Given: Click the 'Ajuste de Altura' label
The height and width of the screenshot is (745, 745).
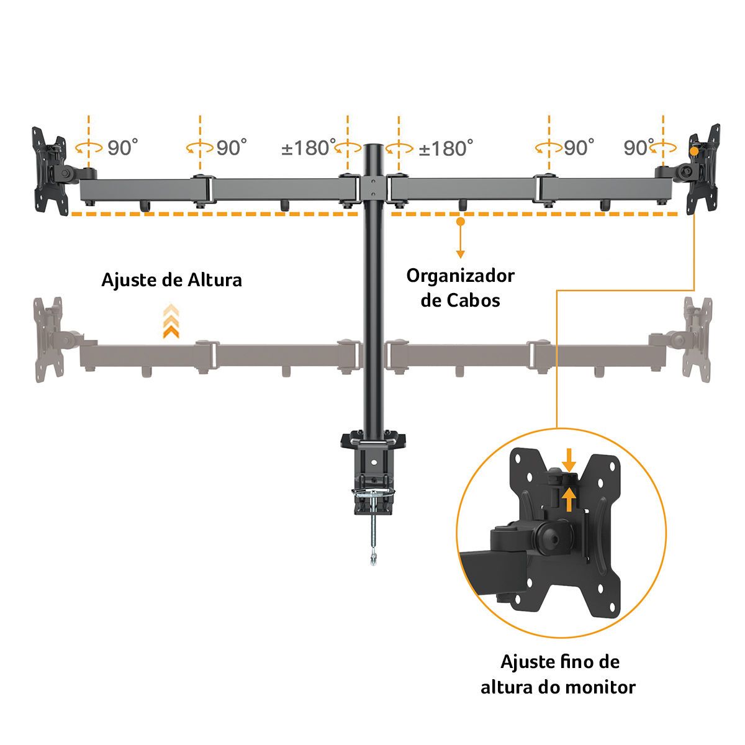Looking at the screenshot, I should tap(172, 280).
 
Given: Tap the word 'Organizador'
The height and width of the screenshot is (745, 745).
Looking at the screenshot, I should tap(461, 276).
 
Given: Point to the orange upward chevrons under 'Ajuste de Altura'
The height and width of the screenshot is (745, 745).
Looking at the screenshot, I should tap(171, 322).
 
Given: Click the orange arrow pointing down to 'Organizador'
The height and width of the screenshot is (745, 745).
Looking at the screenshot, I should tap(460, 239).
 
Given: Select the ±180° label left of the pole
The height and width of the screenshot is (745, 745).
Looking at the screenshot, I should tap(309, 148).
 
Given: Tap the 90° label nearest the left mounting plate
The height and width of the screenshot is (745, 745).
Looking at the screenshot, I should tap(122, 148).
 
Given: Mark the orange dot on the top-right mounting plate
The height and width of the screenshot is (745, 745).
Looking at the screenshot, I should tap(694, 150).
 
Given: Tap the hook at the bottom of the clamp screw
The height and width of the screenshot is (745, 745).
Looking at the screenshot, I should tap(372, 561).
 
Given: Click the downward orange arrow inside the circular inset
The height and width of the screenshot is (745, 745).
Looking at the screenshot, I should tap(569, 460).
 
